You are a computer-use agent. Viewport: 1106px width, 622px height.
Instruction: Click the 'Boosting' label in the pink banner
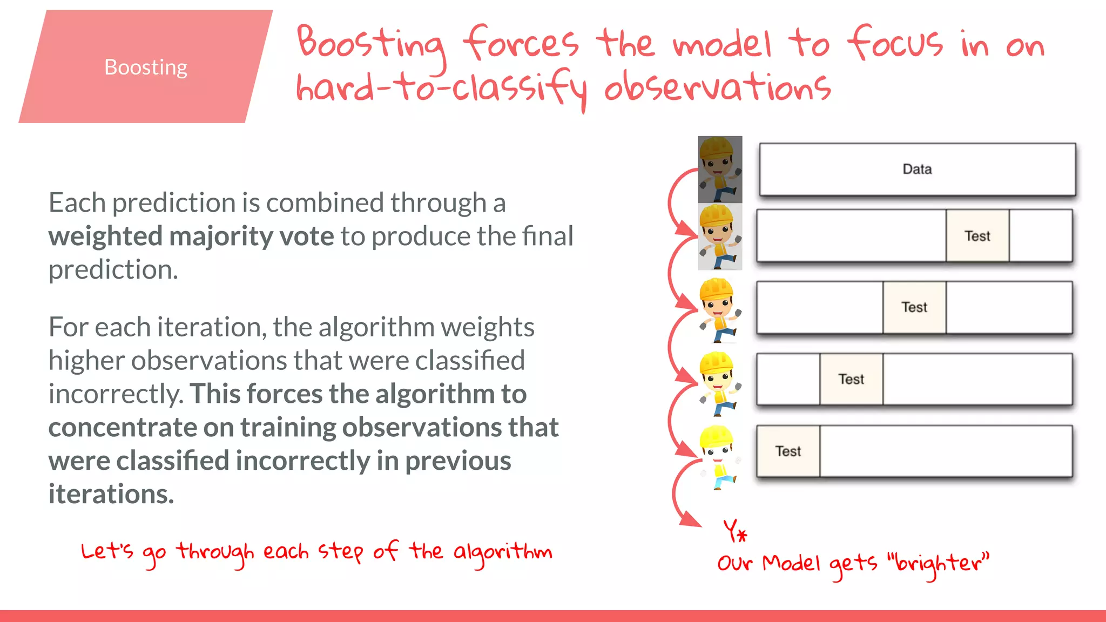pos(146,67)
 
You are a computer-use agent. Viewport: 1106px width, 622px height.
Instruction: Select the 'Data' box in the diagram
pos(917,170)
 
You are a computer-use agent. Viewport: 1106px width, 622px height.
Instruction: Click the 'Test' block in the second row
pos(977,236)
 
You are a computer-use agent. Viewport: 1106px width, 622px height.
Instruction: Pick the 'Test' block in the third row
pos(914,307)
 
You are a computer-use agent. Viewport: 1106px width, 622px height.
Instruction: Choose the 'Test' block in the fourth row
pos(851,379)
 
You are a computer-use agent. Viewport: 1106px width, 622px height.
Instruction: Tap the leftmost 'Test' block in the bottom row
pos(788,451)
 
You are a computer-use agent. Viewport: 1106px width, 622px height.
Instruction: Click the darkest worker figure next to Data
pos(720,170)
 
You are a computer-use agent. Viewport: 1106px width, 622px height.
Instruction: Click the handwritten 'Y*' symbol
pos(735,531)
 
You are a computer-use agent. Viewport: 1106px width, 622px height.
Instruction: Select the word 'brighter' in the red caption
pos(942,564)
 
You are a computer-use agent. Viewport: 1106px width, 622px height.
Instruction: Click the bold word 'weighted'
pos(105,236)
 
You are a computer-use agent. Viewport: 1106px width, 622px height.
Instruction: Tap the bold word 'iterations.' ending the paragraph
pos(111,494)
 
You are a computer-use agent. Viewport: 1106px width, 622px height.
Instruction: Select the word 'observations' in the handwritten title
pos(717,87)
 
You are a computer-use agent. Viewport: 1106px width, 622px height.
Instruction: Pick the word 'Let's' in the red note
pos(106,552)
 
